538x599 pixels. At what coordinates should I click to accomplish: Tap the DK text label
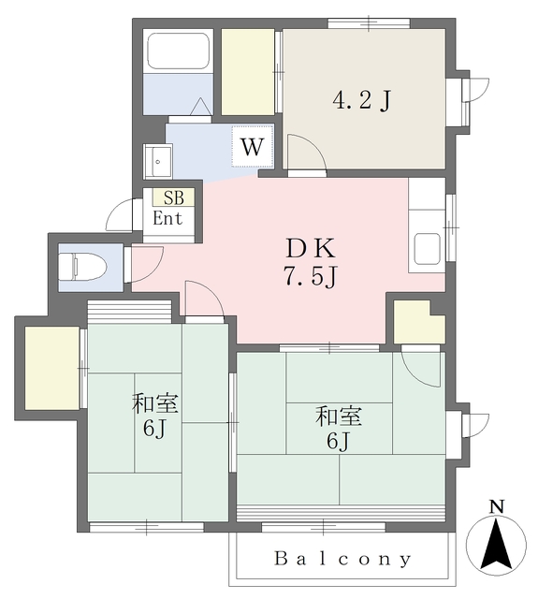(311, 250)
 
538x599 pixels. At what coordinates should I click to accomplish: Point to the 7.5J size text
(311, 278)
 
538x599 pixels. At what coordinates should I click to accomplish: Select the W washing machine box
(252, 146)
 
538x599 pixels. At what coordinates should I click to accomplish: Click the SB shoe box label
(174, 197)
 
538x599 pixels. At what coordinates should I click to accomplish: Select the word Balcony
(342, 560)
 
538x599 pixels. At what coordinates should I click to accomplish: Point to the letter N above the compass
(498, 506)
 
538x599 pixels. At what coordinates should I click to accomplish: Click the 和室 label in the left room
(156, 405)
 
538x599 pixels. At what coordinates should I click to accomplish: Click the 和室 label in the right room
(340, 416)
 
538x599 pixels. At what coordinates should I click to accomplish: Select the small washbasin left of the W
(155, 161)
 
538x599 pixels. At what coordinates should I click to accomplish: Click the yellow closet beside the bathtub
(247, 71)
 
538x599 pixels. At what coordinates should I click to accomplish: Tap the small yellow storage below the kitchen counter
(416, 323)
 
